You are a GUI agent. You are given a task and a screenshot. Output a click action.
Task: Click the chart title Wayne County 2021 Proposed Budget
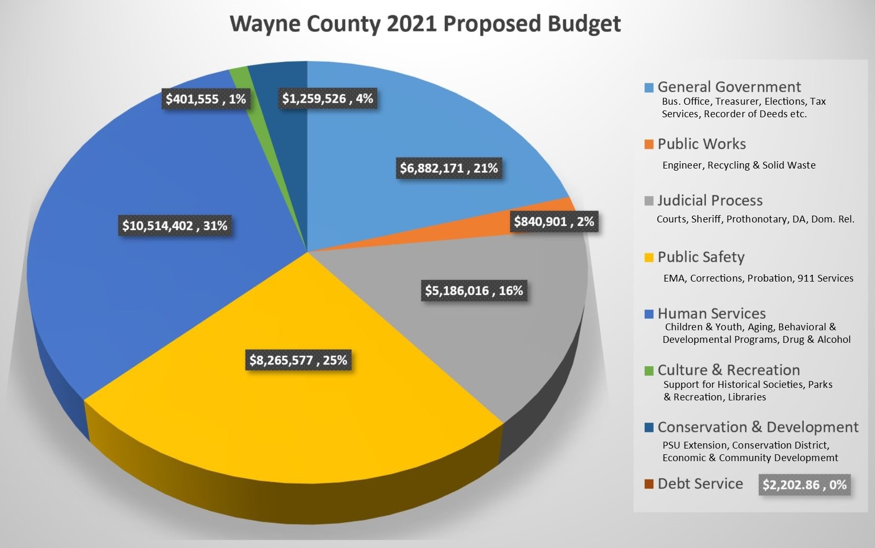point(425,25)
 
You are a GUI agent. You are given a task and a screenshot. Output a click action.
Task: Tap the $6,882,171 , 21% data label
point(449,168)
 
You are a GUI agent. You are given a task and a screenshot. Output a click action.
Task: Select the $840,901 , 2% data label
point(554,221)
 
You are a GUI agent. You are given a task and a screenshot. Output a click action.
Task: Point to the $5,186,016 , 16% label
point(474,290)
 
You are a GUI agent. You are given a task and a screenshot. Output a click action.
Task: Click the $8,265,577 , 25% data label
point(298,360)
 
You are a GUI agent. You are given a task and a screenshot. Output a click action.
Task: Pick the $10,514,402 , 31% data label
point(175,226)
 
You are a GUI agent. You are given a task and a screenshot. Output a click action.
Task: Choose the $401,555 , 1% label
point(206,99)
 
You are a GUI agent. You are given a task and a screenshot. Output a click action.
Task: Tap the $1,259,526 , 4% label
point(327,98)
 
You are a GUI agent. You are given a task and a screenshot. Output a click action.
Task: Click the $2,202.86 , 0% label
point(804,485)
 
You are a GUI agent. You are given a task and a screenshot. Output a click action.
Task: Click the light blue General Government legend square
point(649,87)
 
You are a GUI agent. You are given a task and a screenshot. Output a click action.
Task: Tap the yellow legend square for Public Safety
point(649,258)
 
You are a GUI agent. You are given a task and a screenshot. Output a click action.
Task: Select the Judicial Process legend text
point(710,200)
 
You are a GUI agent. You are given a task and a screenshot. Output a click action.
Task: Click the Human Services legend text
point(711,314)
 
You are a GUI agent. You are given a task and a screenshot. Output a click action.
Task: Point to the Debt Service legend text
point(700,484)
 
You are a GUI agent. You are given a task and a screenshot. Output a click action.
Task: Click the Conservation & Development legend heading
point(757,427)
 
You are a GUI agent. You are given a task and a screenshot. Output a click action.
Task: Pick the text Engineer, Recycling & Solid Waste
point(738,165)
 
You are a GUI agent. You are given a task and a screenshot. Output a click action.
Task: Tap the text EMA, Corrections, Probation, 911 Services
point(758,278)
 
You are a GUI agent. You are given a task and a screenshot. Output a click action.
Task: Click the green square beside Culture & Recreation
point(649,371)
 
